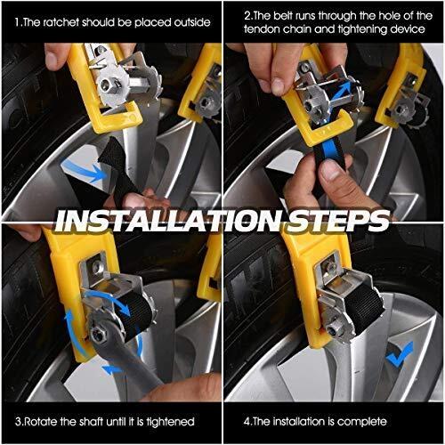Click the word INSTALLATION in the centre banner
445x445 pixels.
169,221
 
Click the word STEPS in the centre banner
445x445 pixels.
338,221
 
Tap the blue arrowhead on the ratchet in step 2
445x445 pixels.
345,87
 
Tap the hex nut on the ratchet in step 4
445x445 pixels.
333,329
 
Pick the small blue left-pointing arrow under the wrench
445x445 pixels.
111,369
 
